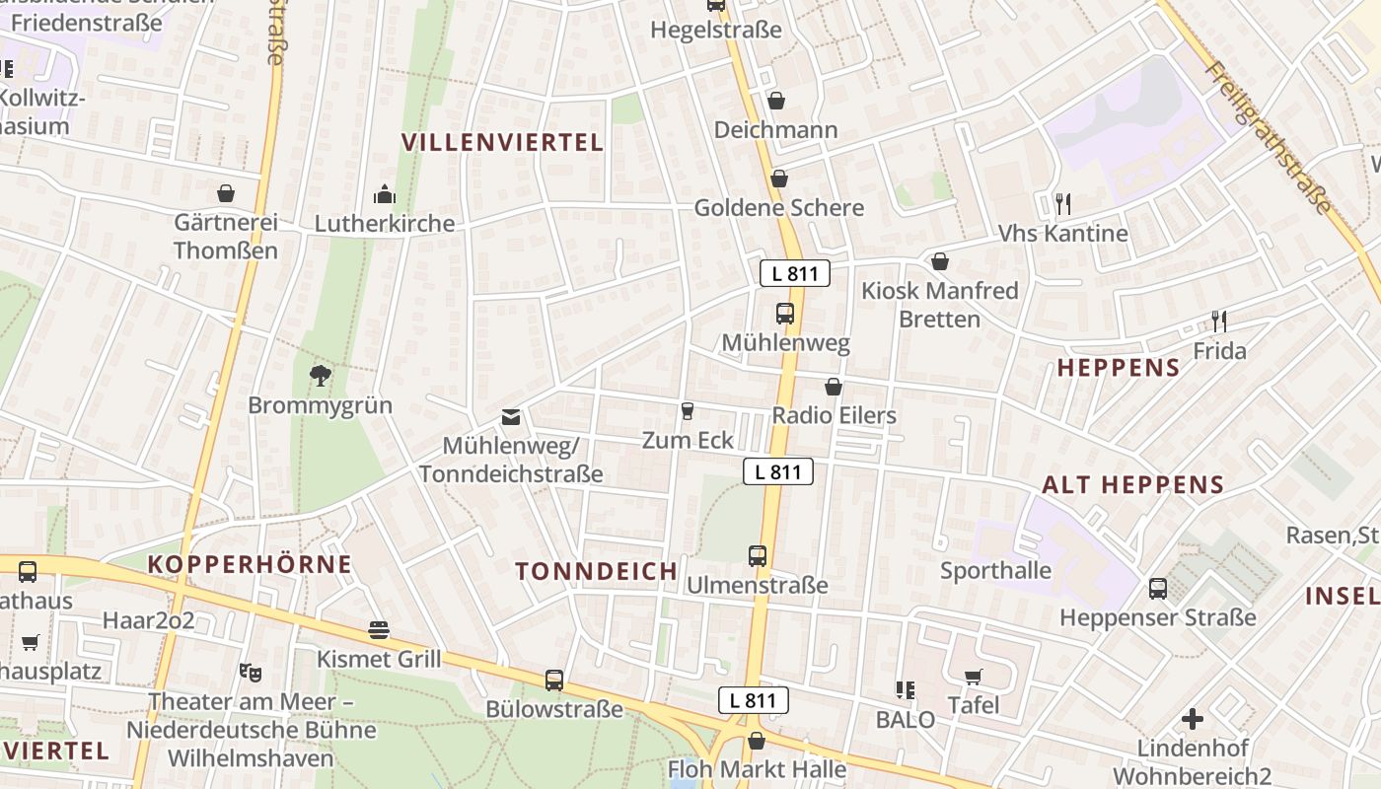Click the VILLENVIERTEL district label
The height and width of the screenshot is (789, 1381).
coord(502,142)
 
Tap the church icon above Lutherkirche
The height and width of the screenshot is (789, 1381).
coord(384,194)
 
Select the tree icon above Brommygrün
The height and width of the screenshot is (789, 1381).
coord(320,375)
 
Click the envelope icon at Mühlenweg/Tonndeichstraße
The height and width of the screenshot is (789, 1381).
coord(511,417)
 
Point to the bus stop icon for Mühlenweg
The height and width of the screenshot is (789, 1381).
coord(785,314)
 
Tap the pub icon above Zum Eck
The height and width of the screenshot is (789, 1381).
coord(688,410)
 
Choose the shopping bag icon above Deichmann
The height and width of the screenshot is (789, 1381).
coord(776,101)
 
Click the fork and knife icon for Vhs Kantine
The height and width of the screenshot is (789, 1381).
coord(1062,204)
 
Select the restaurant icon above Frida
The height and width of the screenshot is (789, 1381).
coord(1219,322)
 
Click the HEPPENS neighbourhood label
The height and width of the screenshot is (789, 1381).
coord(1119,368)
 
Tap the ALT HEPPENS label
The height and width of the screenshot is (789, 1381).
coord(1132,484)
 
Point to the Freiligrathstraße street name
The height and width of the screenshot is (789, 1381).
coord(1269,139)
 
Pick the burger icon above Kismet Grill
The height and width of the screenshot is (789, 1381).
coord(379,629)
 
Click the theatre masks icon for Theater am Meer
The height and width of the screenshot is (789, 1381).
coord(251,673)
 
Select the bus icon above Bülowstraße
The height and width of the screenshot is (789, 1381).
coord(554,680)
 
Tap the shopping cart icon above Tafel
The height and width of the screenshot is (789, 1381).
coord(974,677)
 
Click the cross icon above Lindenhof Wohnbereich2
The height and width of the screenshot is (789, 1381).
coord(1193,718)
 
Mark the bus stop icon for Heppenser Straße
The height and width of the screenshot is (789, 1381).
coord(1158,589)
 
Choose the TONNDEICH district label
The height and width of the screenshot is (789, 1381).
coord(597,571)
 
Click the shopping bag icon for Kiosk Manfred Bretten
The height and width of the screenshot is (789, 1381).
coord(940,261)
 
